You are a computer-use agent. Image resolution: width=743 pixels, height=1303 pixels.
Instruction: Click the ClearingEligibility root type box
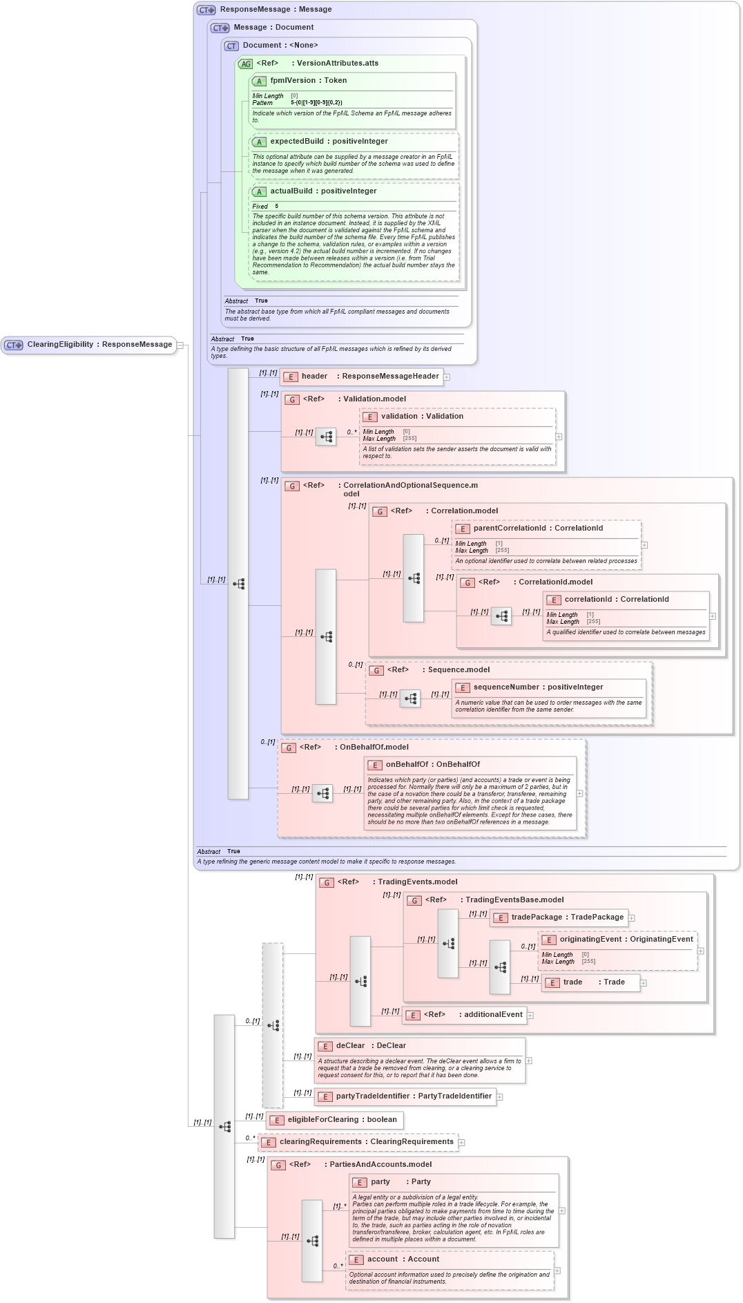90,345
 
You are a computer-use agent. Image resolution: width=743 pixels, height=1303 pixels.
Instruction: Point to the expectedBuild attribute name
296,142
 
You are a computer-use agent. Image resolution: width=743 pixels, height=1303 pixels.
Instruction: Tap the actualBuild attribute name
293,191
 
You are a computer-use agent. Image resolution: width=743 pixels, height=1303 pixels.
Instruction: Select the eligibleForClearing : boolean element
341,1120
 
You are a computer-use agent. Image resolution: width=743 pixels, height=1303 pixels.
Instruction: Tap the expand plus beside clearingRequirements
462,1143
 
